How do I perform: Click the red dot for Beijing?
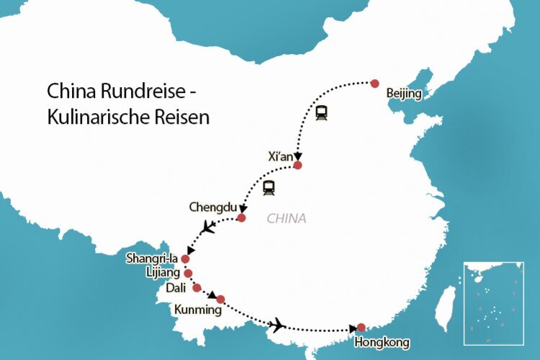click(374, 83)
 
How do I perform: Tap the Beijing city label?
click(404, 94)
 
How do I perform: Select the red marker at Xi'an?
click(297, 166)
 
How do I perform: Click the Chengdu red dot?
click(241, 217)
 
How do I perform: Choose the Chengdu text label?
click(212, 207)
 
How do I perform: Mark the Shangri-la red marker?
click(185, 258)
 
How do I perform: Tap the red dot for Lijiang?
click(188, 274)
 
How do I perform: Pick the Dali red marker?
click(197, 288)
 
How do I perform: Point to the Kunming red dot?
click(220, 299)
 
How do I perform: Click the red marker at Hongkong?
click(361, 327)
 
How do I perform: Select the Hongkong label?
click(382, 342)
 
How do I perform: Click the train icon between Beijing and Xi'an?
click(321, 113)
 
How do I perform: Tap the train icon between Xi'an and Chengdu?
click(269, 188)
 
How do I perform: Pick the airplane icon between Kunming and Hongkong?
click(277, 324)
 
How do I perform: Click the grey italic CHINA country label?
click(287, 218)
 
